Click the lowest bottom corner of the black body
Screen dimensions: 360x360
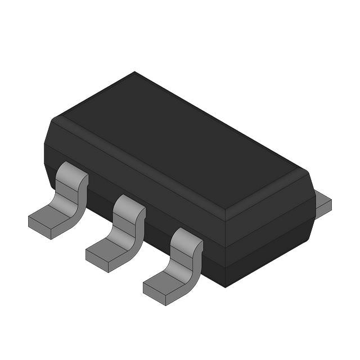225,287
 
